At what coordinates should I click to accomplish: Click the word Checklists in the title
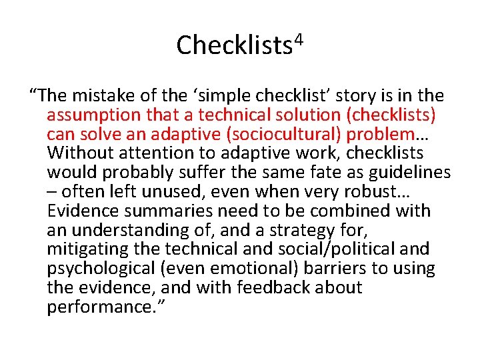click(233, 45)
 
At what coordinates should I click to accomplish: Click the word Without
click(81, 153)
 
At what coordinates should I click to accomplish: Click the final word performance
click(95, 307)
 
